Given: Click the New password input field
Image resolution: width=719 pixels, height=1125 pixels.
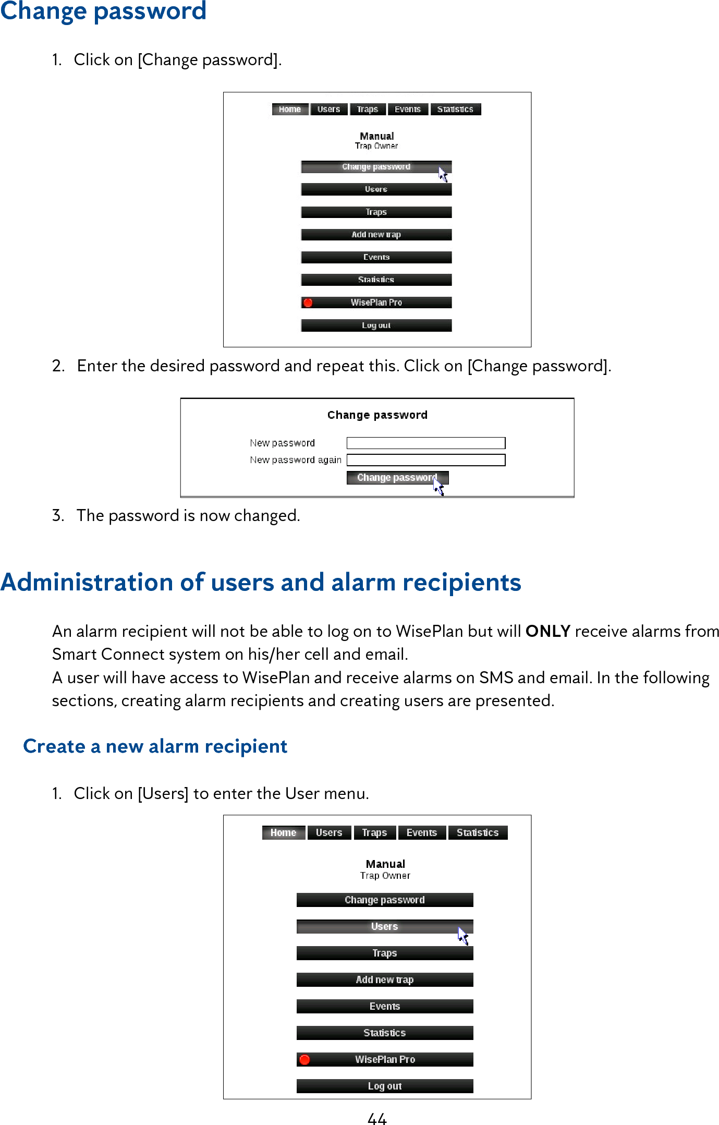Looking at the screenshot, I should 425,443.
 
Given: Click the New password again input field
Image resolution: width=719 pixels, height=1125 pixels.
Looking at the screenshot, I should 425,460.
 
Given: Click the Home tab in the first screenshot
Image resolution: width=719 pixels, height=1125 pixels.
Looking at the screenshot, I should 290,109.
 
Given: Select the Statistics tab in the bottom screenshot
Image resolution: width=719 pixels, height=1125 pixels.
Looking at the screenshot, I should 477,832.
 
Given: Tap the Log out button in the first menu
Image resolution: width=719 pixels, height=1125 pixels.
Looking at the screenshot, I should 376,325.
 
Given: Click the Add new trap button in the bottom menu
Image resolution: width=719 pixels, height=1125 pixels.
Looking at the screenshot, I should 384,979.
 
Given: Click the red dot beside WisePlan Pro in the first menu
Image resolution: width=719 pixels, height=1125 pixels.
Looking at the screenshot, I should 308,303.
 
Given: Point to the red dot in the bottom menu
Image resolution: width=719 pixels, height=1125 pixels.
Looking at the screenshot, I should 305,1059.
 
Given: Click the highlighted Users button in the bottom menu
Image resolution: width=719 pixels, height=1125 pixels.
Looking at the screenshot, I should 384,926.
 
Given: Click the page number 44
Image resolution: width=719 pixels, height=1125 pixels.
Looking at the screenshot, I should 376,1118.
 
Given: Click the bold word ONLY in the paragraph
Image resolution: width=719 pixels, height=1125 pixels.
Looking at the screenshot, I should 547,631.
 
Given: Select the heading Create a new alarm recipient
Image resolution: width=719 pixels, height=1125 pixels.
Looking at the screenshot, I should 155,746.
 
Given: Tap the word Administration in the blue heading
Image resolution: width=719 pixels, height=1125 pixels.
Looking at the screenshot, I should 87,582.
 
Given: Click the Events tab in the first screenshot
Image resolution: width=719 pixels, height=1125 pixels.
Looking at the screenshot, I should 407,109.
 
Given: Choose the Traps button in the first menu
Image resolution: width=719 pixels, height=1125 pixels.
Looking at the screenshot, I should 376,212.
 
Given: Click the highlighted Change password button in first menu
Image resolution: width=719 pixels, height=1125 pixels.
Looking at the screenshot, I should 376,167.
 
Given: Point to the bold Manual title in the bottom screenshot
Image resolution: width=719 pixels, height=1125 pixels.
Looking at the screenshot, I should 385,864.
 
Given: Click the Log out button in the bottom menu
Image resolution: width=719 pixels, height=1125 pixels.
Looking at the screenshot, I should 384,1086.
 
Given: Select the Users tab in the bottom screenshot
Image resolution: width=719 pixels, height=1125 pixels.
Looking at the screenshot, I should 328,832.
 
